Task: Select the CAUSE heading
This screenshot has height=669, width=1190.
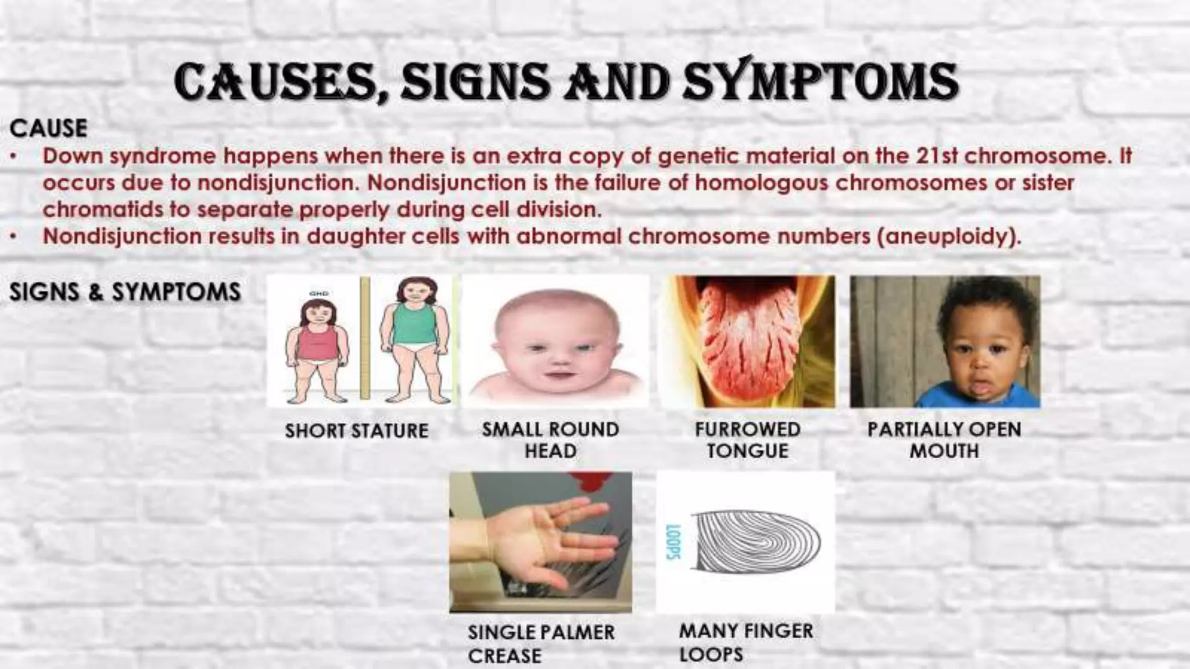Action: [x=48, y=128]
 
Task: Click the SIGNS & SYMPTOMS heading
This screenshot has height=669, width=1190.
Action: [x=125, y=292]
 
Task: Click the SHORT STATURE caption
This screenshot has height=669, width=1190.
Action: [x=356, y=431]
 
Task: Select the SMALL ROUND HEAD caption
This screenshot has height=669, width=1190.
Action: [x=550, y=440]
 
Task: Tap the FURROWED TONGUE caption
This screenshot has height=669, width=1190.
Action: [x=748, y=440]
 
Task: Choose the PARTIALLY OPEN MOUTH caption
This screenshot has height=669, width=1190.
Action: [x=944, y=440]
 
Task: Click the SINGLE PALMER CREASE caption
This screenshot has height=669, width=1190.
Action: [x=541, y=643]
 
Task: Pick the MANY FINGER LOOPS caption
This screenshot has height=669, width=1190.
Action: [x=746, y=642]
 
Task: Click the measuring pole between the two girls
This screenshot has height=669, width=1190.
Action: [x=365, y=339]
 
